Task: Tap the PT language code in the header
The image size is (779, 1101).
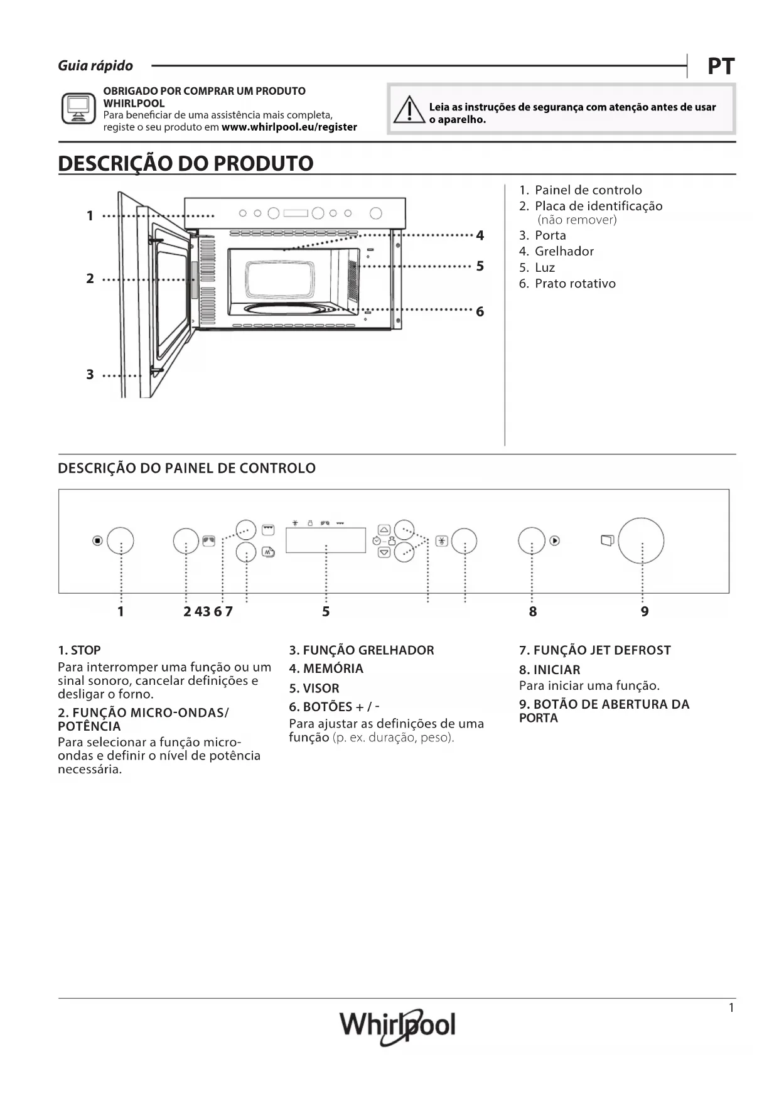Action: (721, 66)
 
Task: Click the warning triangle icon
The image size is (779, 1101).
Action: (409, 110)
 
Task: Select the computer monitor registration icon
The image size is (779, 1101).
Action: (78, 109)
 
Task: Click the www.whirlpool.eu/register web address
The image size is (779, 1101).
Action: (289, 127)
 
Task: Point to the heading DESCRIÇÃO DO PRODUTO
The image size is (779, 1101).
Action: (186, 163)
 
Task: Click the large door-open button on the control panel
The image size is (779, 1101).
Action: (641, 540)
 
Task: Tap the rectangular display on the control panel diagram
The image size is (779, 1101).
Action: (325, 540)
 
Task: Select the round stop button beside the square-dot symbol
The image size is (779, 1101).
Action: (121, 540)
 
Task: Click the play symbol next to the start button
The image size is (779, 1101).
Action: (554, 540)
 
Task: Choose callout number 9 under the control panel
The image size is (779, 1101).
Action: (645, 611)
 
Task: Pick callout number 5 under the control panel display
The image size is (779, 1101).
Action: (326, 611)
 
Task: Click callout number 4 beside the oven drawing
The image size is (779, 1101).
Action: (480, 235)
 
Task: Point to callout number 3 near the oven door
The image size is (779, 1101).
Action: (90, 375)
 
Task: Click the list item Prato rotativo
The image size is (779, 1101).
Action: (574, 284)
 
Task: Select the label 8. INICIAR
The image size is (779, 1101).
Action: (549, 670)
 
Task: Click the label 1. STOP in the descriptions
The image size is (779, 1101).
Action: (79, 650)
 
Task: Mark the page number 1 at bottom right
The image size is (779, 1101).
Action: (731, 1009)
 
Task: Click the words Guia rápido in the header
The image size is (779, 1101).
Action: (95, 66)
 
